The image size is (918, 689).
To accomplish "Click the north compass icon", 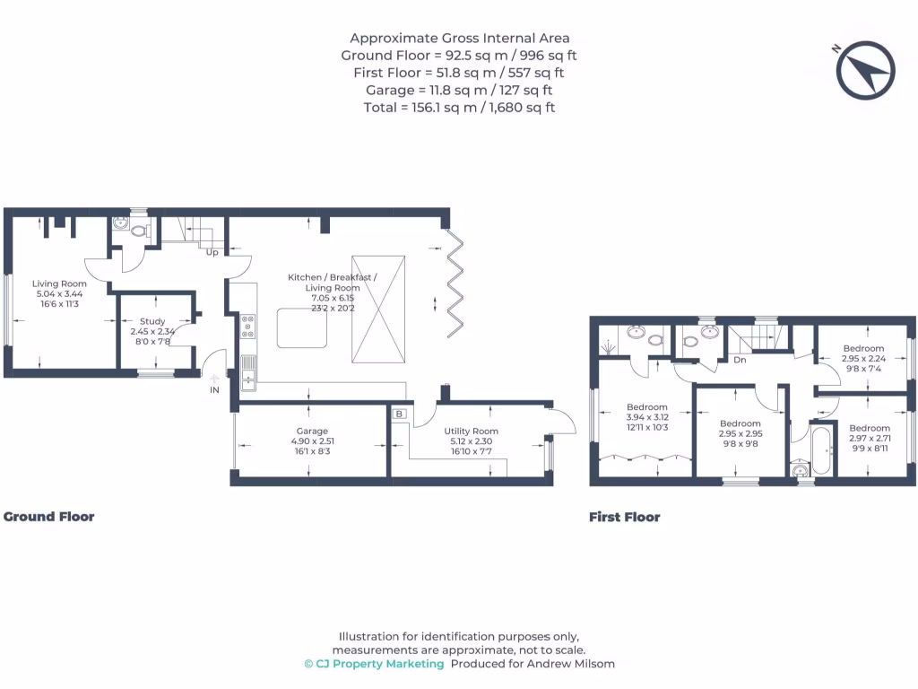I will (x=865, y=70).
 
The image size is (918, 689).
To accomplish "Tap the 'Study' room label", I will (x=152, y=321).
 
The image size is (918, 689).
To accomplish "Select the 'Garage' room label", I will (x=312, y=432).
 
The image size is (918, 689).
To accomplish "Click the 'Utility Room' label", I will (x=472, y=432).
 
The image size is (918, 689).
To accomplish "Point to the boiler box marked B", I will (x=399, y=414).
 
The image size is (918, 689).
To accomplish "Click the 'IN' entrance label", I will (x=214, y=390).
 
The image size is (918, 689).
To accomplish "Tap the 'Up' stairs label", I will (x=212, y=252).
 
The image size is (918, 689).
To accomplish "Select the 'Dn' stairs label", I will (x=740, y=360).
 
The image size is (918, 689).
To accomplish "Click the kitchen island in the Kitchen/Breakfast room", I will (x=302, y=327).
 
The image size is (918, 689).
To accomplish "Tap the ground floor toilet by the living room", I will (x=137, y=230).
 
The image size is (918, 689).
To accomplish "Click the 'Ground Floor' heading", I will (x=49, y=517).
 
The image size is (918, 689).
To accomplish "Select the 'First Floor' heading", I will (x=625, y=517).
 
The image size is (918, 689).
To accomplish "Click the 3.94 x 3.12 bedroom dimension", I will (x=648, y=417).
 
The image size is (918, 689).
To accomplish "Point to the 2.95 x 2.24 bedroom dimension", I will (x=863, y=359).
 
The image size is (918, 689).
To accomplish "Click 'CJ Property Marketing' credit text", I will (x=374, y=664).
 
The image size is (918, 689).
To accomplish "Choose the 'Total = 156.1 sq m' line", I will (x=459, y=108).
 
